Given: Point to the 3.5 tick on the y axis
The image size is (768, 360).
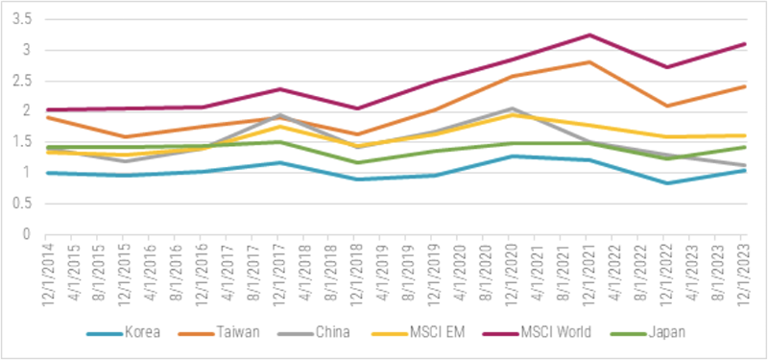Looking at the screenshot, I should click(x=23, y=19).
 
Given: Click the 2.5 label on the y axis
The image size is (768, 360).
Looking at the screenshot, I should click(x=23, y=81).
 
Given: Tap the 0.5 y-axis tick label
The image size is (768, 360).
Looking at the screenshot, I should click(x=23, y=204).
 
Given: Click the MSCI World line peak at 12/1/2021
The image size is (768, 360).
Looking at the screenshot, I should click(x=588, y=36).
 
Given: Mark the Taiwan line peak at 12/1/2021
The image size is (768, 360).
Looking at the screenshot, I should click(x=588, y=61).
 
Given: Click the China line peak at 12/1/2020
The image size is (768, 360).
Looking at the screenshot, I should click(x=512, y=108).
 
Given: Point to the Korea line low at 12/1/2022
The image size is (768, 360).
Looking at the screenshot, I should click(x=666, y=183).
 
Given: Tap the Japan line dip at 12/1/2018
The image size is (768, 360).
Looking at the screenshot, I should click(x=356, y=162).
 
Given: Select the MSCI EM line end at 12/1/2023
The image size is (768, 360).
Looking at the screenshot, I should click(x=744, y=135).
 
